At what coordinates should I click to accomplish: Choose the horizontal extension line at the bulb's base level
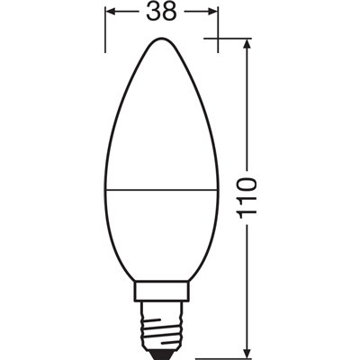[x=225, y=353]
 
